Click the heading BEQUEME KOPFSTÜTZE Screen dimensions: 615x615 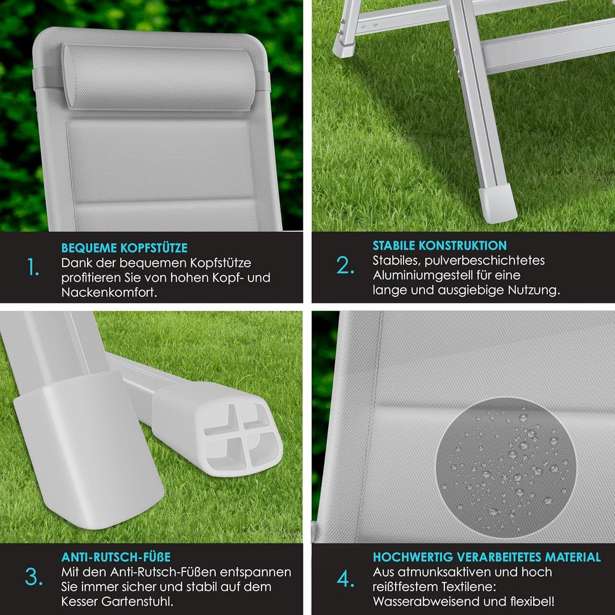(x=124, y=248)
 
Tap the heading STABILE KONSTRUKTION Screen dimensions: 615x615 (x=439, y=245)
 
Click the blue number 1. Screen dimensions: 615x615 (x=33, y=267)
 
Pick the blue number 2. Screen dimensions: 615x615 (x=345, y=265)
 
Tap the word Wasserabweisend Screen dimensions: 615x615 (x=426, y=602)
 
